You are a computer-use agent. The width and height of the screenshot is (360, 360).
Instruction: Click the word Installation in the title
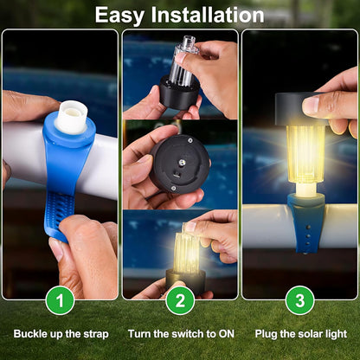(208, 15)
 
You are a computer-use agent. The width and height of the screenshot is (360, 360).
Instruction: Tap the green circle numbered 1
(60, 300)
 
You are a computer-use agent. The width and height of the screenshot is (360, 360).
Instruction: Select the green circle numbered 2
(180, 300)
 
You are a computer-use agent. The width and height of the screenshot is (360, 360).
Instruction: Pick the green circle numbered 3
(300, 300)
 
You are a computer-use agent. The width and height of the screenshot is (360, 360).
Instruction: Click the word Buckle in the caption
(30, 334)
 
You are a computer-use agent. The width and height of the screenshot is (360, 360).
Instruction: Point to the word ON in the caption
(227, 334)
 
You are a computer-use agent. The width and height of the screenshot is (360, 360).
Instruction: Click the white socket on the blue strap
(71, 117)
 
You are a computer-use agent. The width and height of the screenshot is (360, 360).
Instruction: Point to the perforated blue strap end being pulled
(60, 215)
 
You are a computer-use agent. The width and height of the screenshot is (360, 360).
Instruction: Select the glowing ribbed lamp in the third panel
(305, 154)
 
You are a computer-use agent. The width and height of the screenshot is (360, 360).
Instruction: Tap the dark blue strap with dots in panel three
(306, 223)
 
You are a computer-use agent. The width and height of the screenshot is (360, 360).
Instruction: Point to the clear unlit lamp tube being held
(185, 62)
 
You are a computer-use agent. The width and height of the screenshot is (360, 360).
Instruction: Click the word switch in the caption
(188, 334)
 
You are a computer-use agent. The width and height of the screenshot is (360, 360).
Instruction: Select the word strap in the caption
(96, 335)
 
